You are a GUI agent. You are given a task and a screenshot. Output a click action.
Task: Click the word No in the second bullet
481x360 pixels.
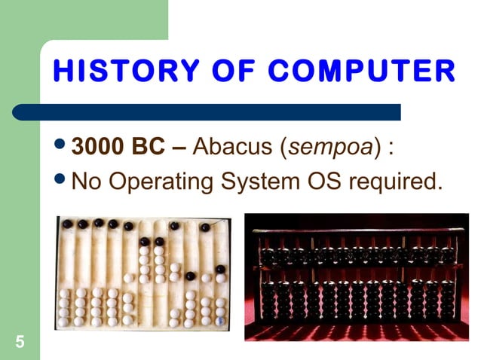click(86, 182)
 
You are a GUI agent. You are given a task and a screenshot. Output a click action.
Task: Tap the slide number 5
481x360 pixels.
click(20, 343)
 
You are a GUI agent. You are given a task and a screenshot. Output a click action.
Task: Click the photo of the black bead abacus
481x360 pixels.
click(356, 277)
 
